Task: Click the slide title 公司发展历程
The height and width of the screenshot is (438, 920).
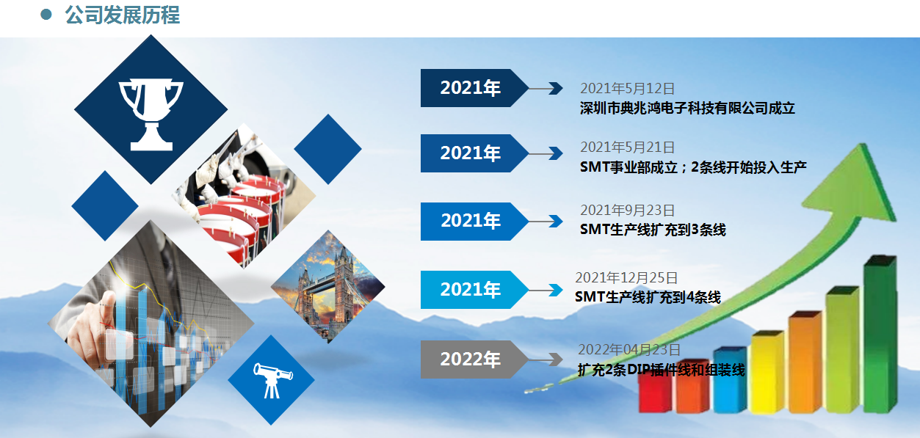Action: point(122,15)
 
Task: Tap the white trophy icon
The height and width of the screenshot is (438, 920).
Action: point(151,114)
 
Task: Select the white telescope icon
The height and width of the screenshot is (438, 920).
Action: point(272,380)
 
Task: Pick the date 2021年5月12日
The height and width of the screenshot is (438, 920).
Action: point(627,88)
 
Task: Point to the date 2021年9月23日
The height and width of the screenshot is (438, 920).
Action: point(627,210)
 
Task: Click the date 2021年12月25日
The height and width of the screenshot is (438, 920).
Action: point(626,278)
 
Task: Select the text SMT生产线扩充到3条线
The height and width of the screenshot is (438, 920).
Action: point(653,230)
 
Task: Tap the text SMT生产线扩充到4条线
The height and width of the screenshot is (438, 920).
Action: point(648,297)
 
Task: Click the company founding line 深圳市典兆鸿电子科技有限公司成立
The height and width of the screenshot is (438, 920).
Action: point(687,108)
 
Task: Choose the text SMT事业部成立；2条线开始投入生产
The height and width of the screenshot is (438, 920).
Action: point(693,167)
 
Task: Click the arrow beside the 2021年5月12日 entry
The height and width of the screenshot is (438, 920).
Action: point(546,88)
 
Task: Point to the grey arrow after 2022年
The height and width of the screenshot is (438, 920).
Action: point(546,359)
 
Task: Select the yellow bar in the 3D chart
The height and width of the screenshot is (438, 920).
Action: point(767,372)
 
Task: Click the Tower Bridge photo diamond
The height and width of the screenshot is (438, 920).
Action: point(327,287)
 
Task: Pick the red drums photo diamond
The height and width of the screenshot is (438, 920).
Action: point(244,196)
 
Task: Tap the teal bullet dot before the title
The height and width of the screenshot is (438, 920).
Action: point(46,15)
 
